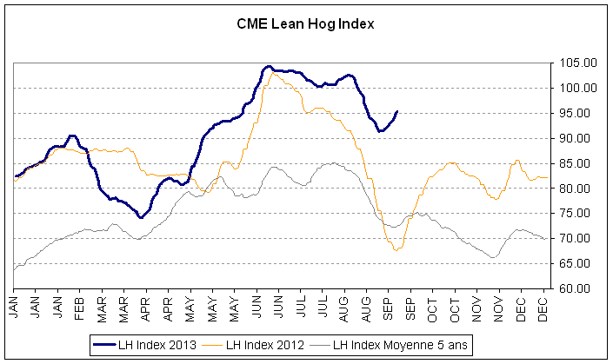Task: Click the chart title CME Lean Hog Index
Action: click(x=305, y=24)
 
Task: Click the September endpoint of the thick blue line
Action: click(x=397, y=111)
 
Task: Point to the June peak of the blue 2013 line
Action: click(x=269, y=67)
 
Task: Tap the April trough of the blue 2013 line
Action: click(x=140, y=217)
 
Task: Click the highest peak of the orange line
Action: click(x=274, y=73)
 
